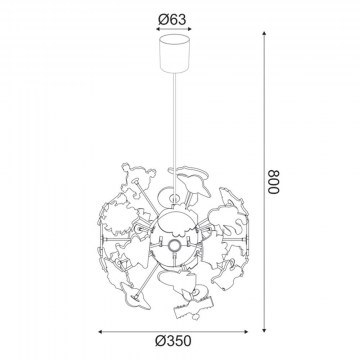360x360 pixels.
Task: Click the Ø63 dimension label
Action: [172, 20]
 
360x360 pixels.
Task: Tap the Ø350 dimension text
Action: [173, 341]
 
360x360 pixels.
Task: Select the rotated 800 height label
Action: [274, 182]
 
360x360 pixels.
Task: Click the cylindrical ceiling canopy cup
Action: [174, 53]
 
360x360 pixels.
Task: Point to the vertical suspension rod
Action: [175, 133]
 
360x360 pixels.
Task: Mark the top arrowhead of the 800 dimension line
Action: [264, 34]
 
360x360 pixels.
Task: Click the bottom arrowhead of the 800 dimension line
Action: [264, 330]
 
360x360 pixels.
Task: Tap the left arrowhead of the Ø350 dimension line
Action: [101, 332]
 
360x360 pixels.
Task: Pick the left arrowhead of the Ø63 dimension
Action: [159, 29]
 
